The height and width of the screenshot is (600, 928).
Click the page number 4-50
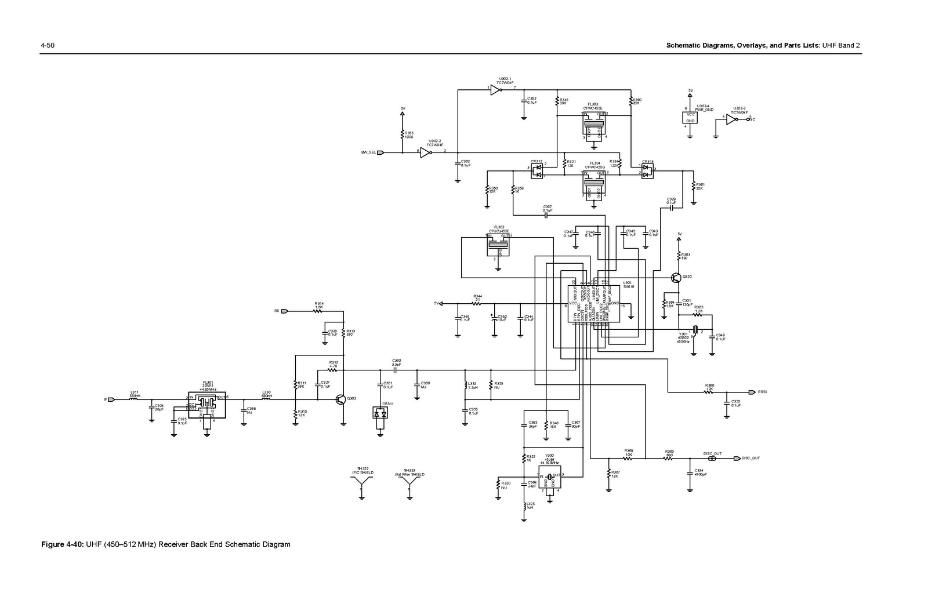click(x=47, y=45)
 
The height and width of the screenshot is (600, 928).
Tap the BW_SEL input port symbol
click(x=380, y=152)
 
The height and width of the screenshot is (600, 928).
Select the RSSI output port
click(x=752, y=392)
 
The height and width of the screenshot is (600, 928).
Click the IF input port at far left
click(x=112, y=399)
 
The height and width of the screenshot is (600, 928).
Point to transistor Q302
click(x=341, y=399)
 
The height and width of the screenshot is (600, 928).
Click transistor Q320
click(x=676, y=278)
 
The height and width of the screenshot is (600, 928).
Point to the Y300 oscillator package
click(x=550, y=480)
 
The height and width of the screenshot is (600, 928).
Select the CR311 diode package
click(x=380, y=413)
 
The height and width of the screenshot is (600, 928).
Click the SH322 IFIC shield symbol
click(x=362, y=490)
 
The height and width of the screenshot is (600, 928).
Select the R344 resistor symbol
click(x=477, y=303)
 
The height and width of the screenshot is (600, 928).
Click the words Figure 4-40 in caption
click(x=62, y=544)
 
